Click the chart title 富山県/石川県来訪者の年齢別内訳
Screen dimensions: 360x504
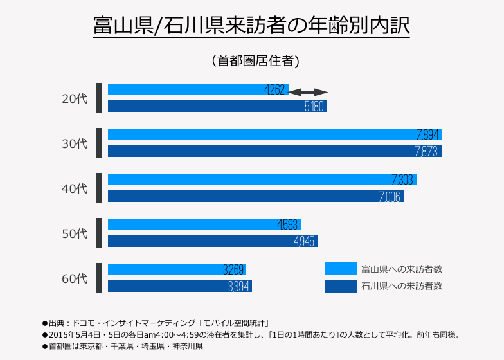[x=251, y=27]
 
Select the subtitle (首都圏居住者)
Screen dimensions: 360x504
[x=255, y=61]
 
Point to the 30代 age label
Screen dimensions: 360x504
[x=74, y=143]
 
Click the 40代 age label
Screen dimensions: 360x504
[x=74, y=188]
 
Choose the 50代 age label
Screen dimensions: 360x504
[x=74, y=233]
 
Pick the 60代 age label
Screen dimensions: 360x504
[x=74, y=278]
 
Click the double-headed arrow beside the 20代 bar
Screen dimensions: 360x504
[x=309, y=93]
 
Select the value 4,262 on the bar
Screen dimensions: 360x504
[x=274, y=90]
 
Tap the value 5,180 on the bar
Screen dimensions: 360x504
[x=314, y=106]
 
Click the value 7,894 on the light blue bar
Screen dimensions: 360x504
[x=428, y=135]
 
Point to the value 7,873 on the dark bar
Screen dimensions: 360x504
[x=427, y=151]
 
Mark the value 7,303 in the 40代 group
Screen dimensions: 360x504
[x=402, y=180]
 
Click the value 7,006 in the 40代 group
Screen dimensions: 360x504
[x=390, y=196]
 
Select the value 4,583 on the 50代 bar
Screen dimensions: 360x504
[x=287, y=225]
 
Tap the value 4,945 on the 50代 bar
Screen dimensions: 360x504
[x=303, y=241]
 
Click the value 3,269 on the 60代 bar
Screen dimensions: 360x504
[x=233, y=269]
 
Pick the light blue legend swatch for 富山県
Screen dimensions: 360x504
[x=340, y=269]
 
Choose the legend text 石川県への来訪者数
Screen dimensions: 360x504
[x=402, y=285]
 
